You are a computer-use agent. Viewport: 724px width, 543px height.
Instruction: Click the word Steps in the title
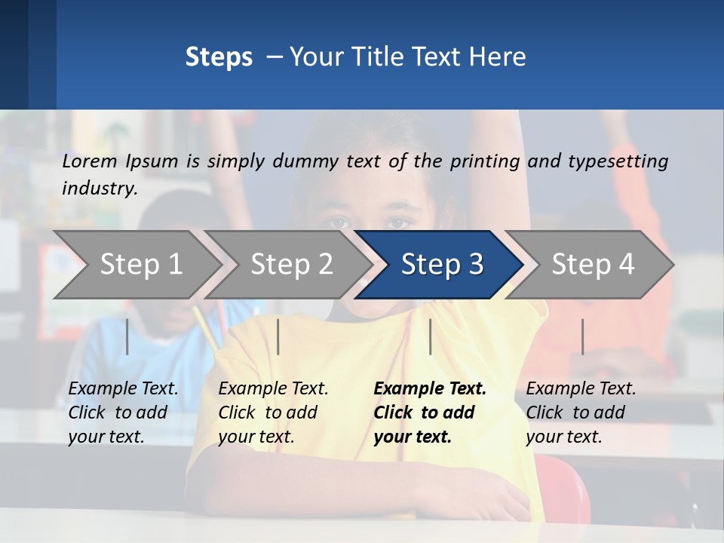tap(219, 57)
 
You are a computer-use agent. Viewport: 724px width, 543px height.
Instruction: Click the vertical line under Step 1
tap(127, 336)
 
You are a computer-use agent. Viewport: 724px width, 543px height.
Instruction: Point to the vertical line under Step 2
tap(278, 336)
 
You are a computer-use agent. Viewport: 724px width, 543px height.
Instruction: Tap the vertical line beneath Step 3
tap(430, 336)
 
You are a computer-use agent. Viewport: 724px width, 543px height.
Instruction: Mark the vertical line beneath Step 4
tap(582, 336)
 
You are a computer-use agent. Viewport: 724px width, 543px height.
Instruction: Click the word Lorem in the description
tap(90, 161)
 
